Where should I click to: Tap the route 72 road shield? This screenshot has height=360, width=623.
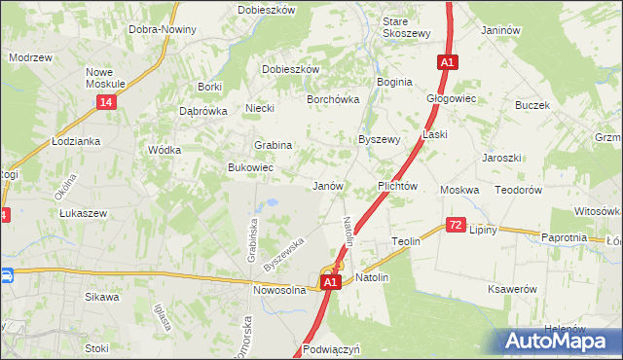pos(456,225)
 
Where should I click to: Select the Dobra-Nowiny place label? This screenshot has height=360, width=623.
pos(163,29)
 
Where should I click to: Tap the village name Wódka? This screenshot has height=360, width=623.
pos(164,150)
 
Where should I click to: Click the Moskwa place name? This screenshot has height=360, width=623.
pos(459,190)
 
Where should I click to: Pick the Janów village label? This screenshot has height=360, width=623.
pos(327,185)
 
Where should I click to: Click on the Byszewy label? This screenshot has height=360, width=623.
pos(380,139)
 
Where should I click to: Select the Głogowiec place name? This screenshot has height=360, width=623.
pos(450,98)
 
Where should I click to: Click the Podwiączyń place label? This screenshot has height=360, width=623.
pos(332,347)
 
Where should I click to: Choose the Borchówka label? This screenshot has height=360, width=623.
pos(334,99)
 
